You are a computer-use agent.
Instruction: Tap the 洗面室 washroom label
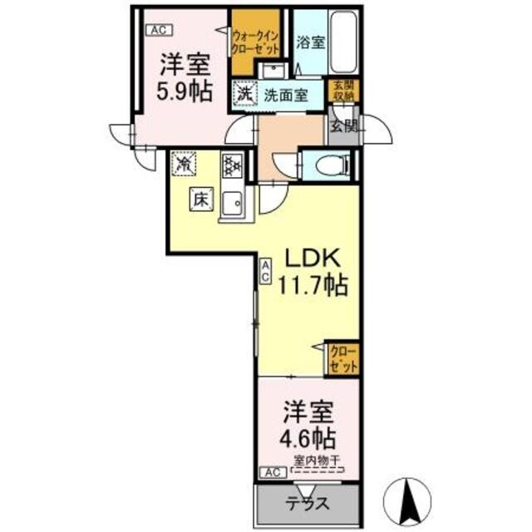[x=286, y=95]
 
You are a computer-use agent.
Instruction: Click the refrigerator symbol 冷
[x=184, y=164]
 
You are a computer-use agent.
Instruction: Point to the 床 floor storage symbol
[x=202, y=199]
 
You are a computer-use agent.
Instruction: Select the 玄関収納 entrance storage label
[x=343, y=90]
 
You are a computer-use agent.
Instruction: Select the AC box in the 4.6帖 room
[x=270, y=473]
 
